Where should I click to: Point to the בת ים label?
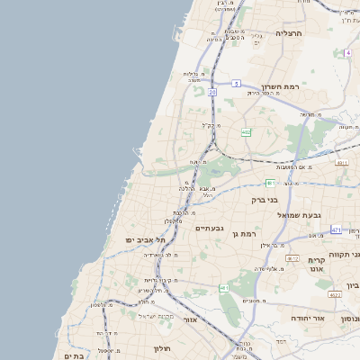(x=74, y=355)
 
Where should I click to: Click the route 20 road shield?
(x=212, y=92)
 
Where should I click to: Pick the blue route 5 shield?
(x=235, y=84)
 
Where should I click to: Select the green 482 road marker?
(x=246, y=132)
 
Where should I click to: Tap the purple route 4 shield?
(x=346, y=52)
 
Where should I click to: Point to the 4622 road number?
(x=335, y=294)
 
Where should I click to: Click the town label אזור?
(x=190, y=319)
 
